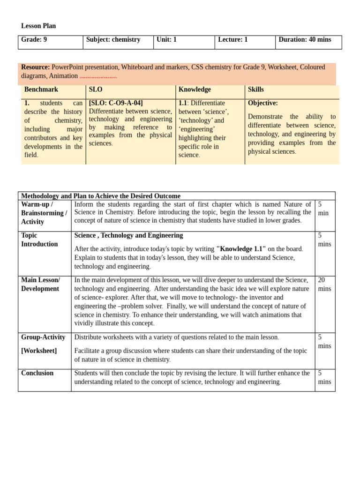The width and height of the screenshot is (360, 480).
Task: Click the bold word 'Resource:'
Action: [x=36, y=67]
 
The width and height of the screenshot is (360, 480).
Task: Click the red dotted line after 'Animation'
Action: [x=98, y=76]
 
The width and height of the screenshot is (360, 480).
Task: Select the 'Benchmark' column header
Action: [x=41, y=90]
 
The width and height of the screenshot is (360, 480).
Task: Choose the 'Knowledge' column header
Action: [x=195, y=90]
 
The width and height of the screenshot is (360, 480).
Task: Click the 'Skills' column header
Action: [x=256, y=90]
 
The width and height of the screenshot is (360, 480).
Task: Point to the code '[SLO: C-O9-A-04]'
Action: [x=116, y=103]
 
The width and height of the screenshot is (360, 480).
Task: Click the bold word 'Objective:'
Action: [x=263, y=103]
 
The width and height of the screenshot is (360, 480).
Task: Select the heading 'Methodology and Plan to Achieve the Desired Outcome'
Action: [x=101, y=196]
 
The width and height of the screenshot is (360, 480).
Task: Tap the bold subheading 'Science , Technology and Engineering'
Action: [x=129, y=235]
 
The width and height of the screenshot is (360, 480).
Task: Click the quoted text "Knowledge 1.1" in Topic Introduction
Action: [x=241, y=249]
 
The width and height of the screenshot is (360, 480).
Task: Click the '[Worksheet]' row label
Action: [x=39, y=351]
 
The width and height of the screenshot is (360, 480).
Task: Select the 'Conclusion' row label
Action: [x=37, y=373]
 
